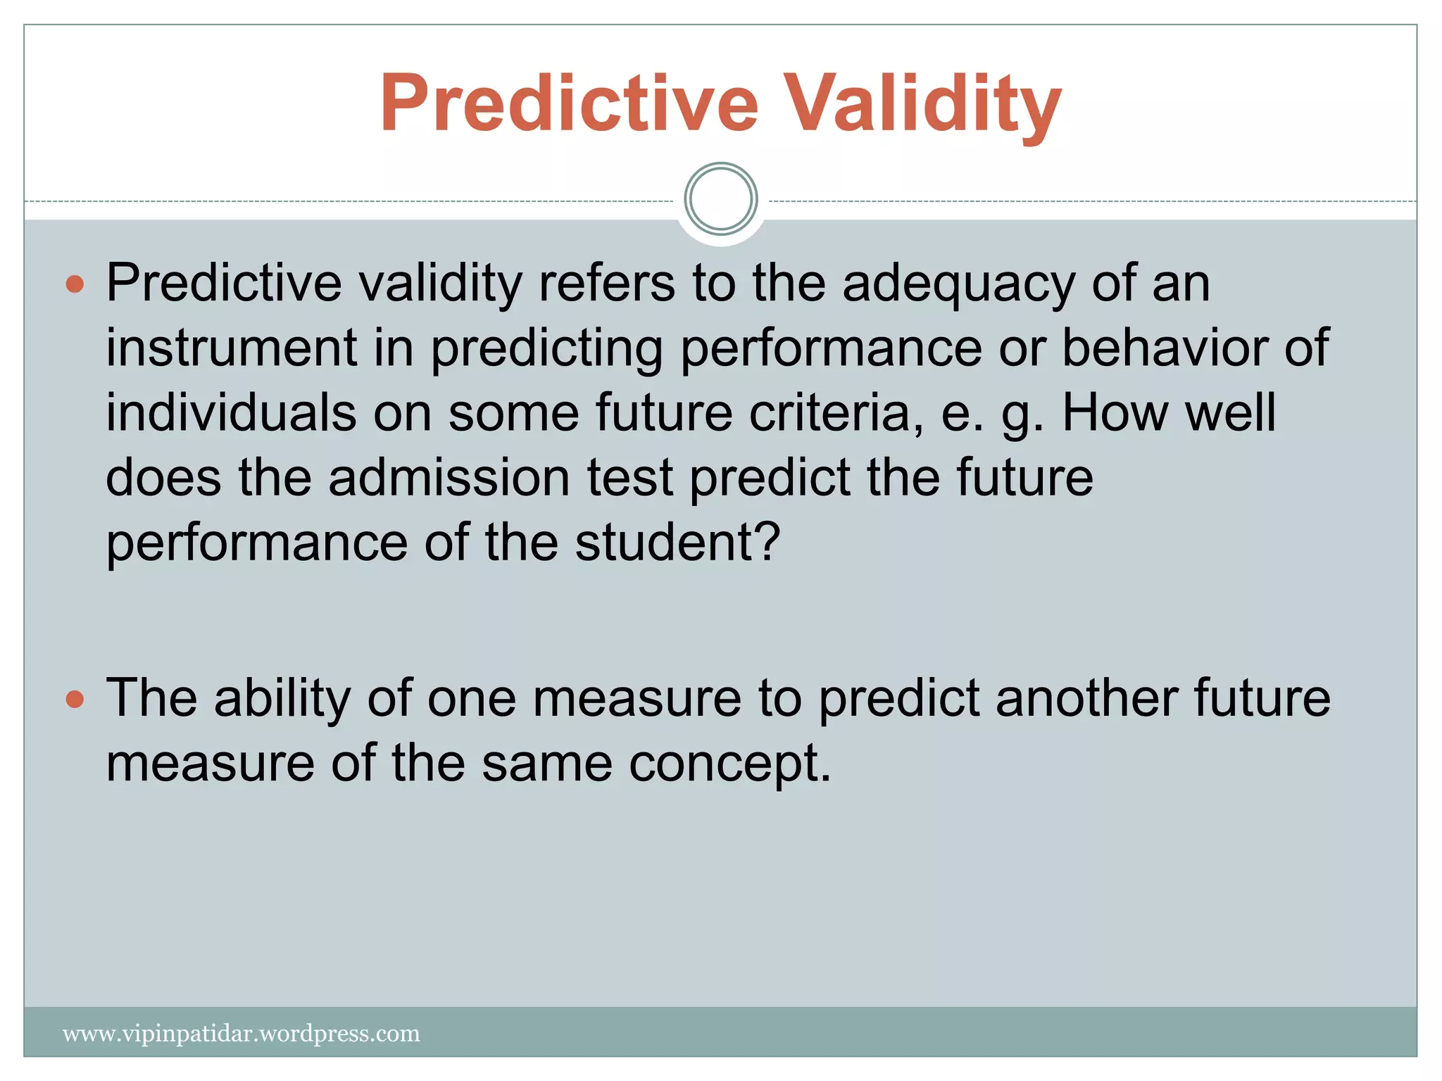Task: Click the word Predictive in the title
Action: tap(569, 103)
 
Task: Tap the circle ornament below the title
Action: tap(720, 199)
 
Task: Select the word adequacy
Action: tap(958, 284)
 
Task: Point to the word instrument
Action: tap(232, 348)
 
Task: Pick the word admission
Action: tap(449, 478)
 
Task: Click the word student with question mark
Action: tap(677, 543)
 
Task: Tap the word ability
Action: tap(282, 698)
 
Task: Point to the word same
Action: tap(546, 764)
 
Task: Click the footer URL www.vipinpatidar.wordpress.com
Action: tap(242, 1034)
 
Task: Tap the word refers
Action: tap(606, 284)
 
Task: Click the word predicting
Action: tap(546, 349)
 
